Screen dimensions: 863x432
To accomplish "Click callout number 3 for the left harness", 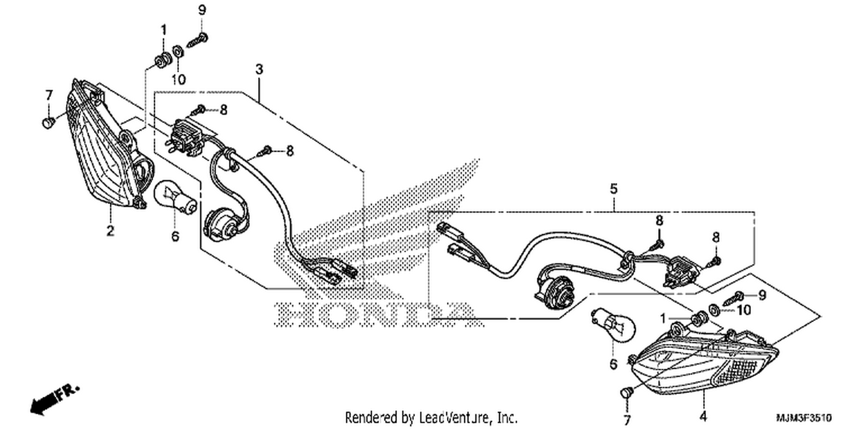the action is coord(259,70).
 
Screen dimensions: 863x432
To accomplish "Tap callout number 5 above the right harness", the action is coord(614,189).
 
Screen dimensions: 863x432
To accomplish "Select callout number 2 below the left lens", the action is coord(110,231).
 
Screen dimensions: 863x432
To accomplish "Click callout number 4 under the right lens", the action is coord(704,416).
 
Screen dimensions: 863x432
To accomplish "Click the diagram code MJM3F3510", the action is coord(804,418).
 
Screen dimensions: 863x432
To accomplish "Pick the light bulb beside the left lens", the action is coord(175,197).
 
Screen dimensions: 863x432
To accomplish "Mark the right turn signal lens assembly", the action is coord(705,361).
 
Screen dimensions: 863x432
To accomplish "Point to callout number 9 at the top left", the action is coord(203,10).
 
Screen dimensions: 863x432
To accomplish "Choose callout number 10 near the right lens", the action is coord(744,310).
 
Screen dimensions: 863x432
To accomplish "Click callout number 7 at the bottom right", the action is coord(627,420).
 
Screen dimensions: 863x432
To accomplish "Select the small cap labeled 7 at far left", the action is coord(48,123).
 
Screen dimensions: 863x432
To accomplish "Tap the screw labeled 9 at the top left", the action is coord(198,40).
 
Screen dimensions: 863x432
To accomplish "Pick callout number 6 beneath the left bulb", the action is coord(175,236).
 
